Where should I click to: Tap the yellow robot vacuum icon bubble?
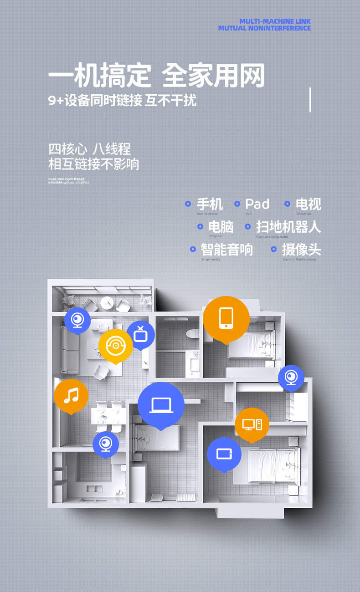click(x=115, y=346)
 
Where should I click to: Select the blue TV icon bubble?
click(x=140, y=335)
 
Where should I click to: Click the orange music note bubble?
click(x=71, y=395)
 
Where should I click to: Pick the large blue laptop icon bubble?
click(x=161, y=405)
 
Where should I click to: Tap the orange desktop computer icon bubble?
click(x=252, y=424)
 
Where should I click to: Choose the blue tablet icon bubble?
click(x=224, y=454)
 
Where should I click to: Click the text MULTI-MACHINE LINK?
click(x=275, y=21)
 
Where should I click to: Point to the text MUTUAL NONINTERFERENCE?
click(x=264, y=28)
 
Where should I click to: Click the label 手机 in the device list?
click(x=210, y=204)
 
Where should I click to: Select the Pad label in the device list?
click(x=257, y=204)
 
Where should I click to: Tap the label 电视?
click(x=308, y=204)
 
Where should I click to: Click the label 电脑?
click(x=221, y=226)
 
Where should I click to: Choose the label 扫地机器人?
click(x=288, y=226)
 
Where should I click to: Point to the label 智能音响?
click(x=226, y=250)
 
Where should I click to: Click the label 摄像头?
click(x=301, y=250)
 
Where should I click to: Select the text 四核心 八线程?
click(x=89, y=149)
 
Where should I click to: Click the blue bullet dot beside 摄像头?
click(x=274, y=249)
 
